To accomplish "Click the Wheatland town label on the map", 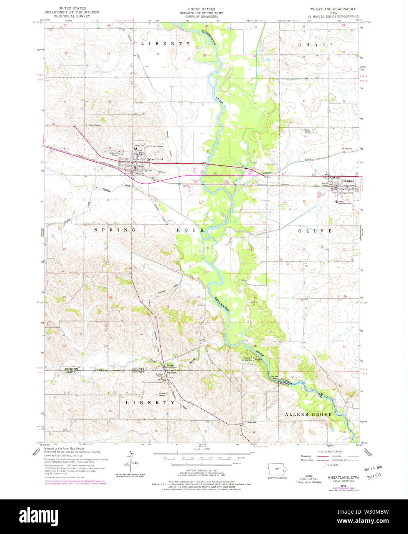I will pyautogui.click(x=155, y=159).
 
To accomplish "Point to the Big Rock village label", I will pyautogui.click(x=171, y=373).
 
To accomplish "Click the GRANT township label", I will pyautogui.click(x=316, y=45).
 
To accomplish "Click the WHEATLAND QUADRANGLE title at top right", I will pyautogui.click(x=333, y=9).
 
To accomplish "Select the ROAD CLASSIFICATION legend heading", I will pyautogui.click(x=327, y=452).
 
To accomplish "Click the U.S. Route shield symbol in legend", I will pyautogui.click(x=324, y=465).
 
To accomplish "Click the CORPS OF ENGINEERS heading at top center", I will pyautogui.click(x=204, y=16).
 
